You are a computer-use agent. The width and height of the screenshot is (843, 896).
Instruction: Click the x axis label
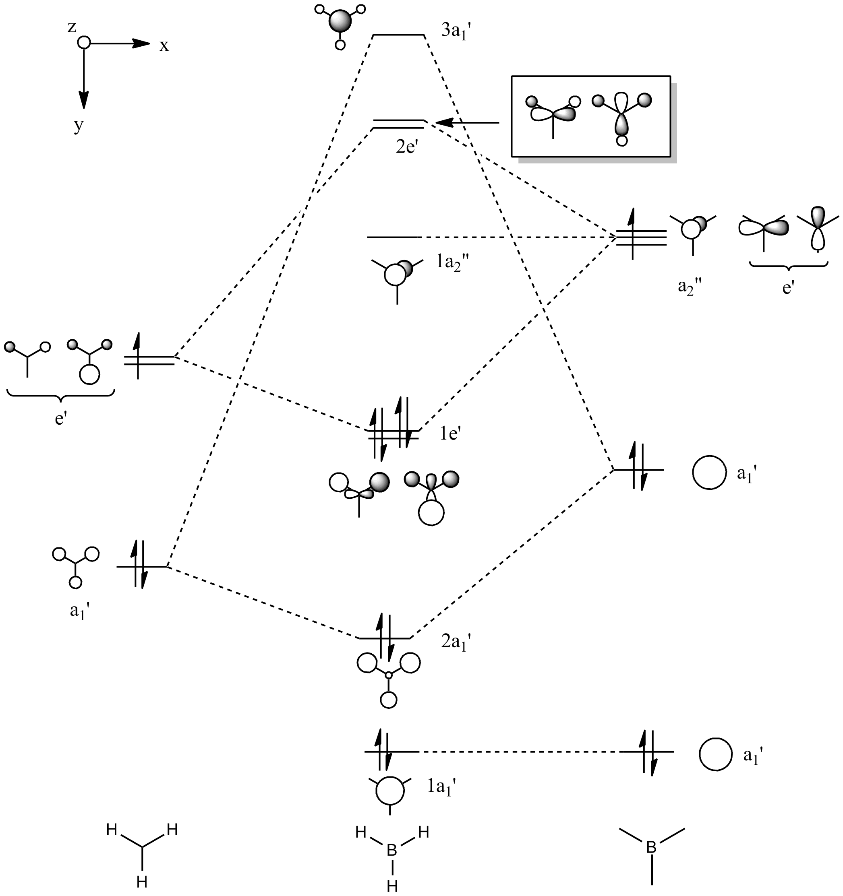click(164, 45)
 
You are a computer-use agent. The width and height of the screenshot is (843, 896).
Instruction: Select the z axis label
click(72, 27)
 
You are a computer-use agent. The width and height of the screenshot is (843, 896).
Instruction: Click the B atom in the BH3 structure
click(392, 851)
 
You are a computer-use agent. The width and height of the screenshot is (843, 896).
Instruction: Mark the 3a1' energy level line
click(399, 34)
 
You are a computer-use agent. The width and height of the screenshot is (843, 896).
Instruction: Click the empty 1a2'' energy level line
click(394, 237)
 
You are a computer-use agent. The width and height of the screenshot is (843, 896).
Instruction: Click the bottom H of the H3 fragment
click(142, 881)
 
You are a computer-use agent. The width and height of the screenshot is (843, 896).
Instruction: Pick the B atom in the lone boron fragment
click(651, 847)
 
